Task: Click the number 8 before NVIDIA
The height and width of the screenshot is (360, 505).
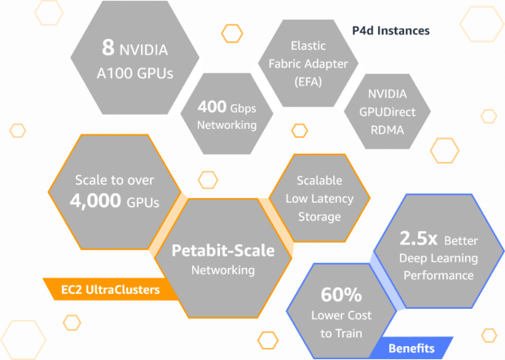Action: point(108,47)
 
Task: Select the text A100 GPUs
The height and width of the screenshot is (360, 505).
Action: point(135,73)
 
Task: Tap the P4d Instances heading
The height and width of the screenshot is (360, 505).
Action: point(391,31)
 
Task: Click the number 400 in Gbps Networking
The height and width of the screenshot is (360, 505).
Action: point(213,107)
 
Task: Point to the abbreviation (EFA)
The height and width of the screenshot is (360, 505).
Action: point(308,81)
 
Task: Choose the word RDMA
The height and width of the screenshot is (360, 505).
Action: point(387,130)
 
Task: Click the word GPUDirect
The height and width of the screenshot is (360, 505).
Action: point(387,112)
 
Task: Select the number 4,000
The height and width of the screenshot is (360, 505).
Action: point(95,201)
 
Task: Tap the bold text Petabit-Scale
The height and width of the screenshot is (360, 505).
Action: point(223,251)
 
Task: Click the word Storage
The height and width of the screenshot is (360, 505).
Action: point(319,217)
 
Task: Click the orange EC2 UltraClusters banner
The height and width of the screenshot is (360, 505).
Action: point(110,289)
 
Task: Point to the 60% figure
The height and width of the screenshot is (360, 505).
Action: point(341,294)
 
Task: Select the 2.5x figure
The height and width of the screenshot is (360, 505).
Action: point(419,239)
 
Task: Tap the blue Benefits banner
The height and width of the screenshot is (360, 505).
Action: point(411,348)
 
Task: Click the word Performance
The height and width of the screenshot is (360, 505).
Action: point(439,275)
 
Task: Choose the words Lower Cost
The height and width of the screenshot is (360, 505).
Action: point(341,315)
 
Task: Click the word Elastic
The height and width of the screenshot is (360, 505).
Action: point(308,46)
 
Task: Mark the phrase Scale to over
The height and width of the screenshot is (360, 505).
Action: point(115,180)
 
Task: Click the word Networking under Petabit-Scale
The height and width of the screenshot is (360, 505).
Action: point(223,270)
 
